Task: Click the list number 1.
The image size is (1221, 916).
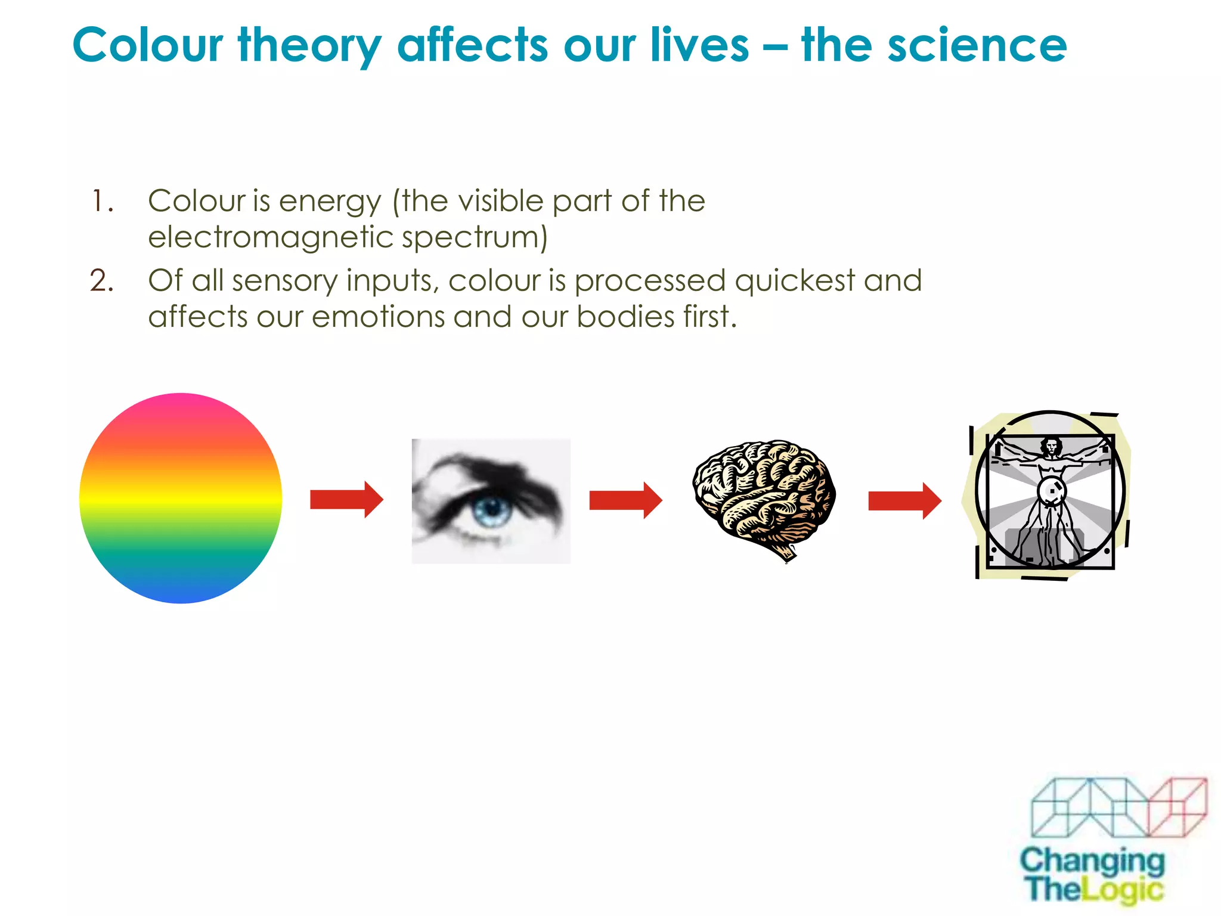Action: tap(101, 201)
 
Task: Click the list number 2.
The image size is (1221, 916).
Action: tap(101, 280)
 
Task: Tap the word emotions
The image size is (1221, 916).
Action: tap(378, 317)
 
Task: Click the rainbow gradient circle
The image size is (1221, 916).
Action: tap(181, 498)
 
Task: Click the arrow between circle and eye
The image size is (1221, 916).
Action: tap(346, 500)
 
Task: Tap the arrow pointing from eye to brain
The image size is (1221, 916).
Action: tap(625, 500)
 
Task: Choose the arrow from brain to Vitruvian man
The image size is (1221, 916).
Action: tap(904, 500)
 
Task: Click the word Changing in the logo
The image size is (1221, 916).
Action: tap(1092, 861)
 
